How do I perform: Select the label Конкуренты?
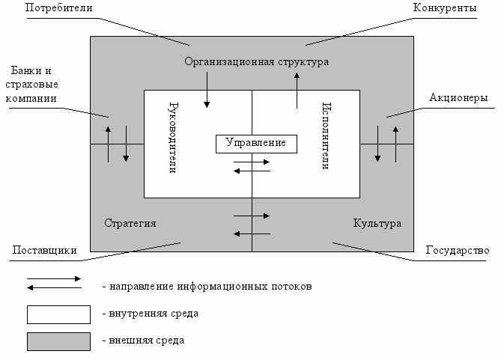(x=445, y=9)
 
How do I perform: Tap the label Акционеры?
(x=459, y=98)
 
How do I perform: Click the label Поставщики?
(x=44, y=249)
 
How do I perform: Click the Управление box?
(x=255, y=143)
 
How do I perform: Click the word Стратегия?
(x=130, y=224)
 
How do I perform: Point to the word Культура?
(x=377, y=224)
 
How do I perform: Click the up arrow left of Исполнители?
(x=297, y=91)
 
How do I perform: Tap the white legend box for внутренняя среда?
(x=58, y=313)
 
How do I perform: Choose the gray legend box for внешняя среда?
(x=58, y=341)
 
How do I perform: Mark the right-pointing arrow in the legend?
(x=54, y=278)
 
